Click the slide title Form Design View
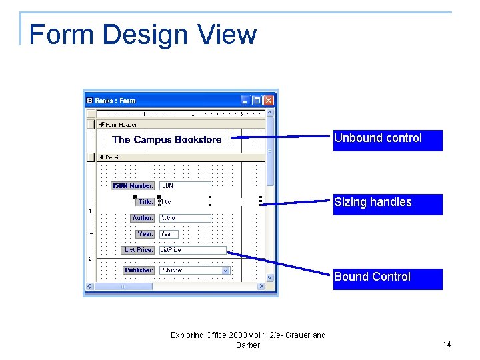pos(143,35)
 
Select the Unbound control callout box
pos(387,140)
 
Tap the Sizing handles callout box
pos(387,204)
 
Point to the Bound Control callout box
pos(387,279)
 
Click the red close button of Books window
pos(269,101)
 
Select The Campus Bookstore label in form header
pos(167,139)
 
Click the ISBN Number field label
pos(133,186)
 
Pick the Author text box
pos(185,218)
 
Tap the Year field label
pos(145,234)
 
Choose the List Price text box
pos(192,250)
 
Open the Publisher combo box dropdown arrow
pos(225,271)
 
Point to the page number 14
pos(447,345)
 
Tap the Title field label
pos(146,201)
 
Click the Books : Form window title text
pos(115,101)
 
